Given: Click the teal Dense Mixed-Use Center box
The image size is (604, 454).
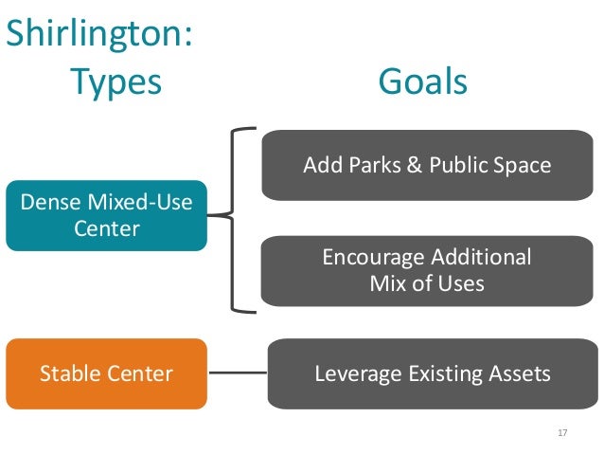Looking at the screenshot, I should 106,215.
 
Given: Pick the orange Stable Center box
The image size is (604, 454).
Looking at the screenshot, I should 106,373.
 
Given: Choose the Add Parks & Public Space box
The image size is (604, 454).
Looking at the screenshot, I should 426,165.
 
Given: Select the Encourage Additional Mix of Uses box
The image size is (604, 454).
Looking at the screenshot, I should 426,270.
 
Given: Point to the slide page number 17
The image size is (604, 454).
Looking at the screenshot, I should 562,432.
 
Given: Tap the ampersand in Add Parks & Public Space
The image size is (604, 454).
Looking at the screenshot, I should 413,165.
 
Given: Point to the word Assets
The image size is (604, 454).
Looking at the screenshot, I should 518,373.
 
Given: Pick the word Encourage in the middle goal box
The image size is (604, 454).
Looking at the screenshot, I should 372,258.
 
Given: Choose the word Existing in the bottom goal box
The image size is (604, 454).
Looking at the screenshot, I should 443,373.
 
